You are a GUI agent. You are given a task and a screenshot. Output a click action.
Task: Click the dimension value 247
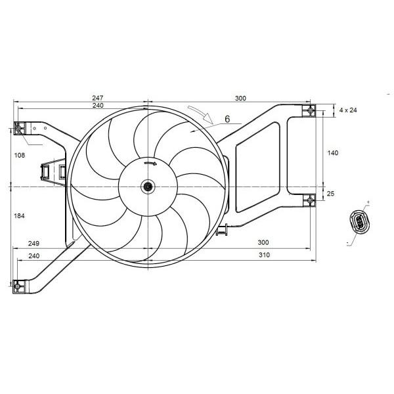pos(97,97)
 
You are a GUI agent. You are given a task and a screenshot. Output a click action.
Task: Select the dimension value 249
pos(33,243)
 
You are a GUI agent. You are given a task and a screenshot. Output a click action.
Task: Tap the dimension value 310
pos(264,255)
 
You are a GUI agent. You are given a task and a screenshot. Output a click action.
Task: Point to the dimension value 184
pos(19,215)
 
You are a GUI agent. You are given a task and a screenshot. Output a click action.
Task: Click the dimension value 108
pos(20,155)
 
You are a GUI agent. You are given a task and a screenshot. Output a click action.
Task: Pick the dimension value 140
pos(333,153)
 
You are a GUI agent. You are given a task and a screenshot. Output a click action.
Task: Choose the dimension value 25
pos(331,194)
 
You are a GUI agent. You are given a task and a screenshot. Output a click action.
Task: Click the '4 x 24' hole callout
pos(348,110)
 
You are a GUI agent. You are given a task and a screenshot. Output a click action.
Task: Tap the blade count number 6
pos(227,119)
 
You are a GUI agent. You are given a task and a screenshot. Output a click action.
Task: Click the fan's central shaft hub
pos(148,186)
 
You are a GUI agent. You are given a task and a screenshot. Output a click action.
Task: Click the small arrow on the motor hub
pos(150,164)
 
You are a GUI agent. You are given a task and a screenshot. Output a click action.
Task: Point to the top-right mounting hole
pos(311,110)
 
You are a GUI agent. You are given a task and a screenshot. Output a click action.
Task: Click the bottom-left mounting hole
pos(17,286)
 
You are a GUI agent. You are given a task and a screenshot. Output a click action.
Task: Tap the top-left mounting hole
pos(18,128)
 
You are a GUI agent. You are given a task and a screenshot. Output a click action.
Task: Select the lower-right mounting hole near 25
pos(311,200)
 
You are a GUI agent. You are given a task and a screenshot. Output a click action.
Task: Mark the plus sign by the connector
pos(368,202)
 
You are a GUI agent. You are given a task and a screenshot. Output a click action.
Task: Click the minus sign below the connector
pos(347,243)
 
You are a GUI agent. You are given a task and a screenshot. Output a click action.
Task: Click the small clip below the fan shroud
pos(222,230)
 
